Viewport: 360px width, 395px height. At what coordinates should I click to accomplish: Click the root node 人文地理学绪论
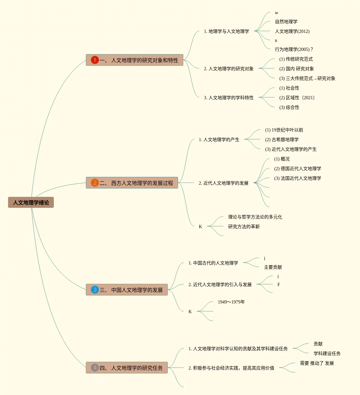[31, 202]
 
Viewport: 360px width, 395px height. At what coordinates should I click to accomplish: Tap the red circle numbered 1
[95, 60]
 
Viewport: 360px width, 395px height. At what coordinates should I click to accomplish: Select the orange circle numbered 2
[95, 183]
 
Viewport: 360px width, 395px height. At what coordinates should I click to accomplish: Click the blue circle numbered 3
[95, 290]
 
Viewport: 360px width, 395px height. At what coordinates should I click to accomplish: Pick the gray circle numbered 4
[95, 368]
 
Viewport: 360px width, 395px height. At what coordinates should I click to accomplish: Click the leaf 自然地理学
[286, 22]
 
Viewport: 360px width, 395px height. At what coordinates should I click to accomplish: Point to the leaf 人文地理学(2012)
[292, 31]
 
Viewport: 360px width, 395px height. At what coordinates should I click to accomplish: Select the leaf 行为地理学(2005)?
[294, 49]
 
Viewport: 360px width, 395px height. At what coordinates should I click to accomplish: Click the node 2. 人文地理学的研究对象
[229, 69]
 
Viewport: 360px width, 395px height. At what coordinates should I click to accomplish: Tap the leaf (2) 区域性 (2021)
[297, 98]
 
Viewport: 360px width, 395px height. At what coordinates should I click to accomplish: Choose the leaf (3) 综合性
[289, 107]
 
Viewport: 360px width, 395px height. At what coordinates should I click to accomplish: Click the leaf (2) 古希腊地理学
[282, 140]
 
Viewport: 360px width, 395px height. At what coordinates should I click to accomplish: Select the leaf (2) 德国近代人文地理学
[297, 169]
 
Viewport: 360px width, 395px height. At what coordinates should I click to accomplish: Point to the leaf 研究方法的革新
[244, 226]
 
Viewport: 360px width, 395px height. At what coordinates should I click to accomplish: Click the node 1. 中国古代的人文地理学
[213, 263]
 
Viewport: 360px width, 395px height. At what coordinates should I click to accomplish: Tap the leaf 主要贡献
[273, 267]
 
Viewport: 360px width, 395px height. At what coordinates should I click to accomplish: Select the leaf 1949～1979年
[231, 302]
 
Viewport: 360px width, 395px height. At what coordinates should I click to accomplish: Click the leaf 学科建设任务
[327, 353]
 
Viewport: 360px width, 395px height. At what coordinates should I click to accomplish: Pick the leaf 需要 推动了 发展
[316, 363]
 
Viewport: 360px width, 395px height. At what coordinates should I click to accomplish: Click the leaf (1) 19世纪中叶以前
[284, 130]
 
